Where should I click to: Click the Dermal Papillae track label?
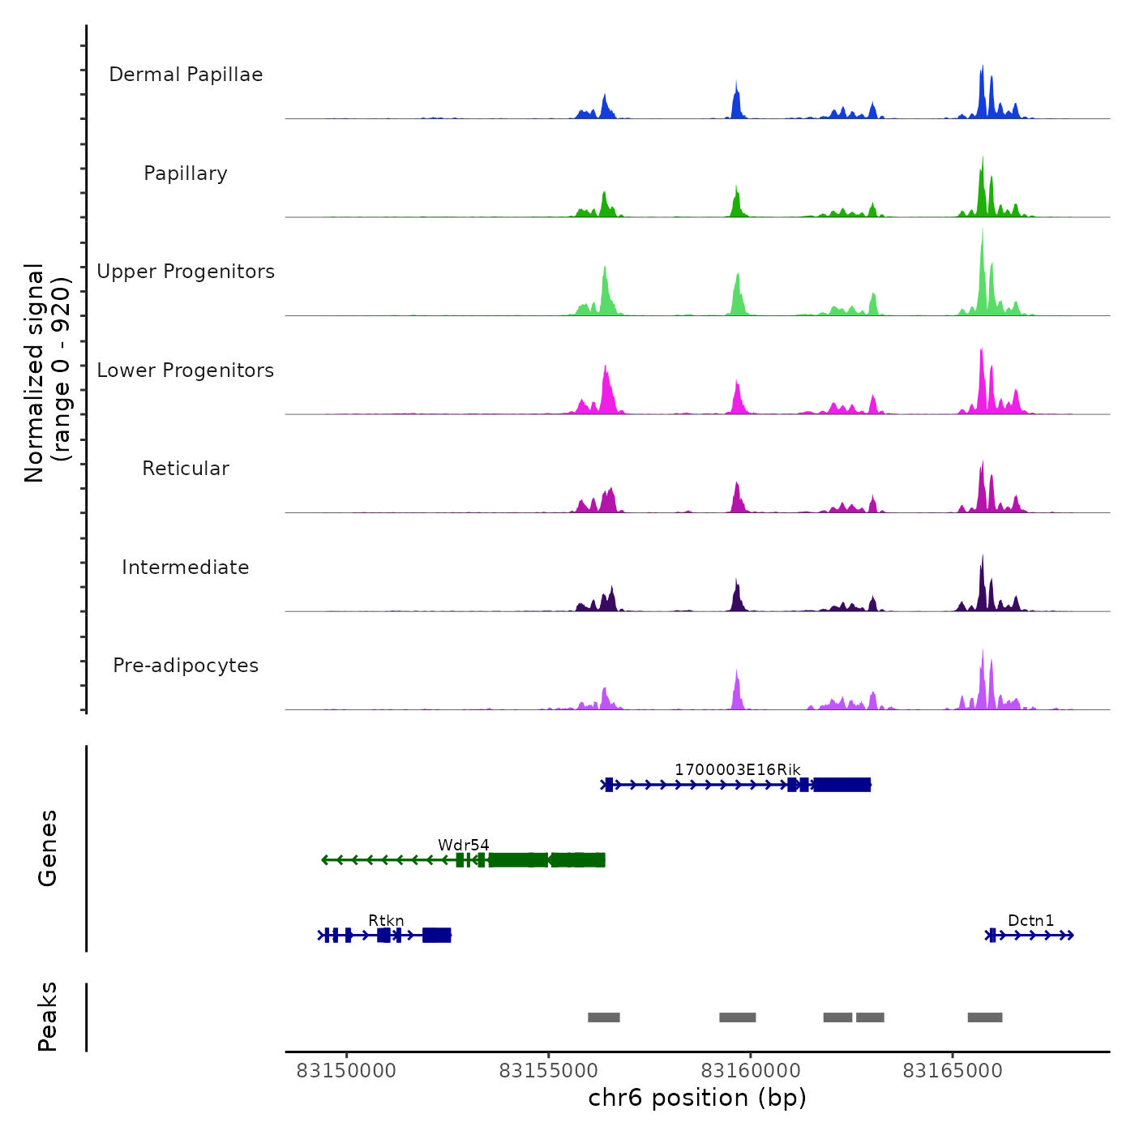point(186,75)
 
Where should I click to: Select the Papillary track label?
point(186,173)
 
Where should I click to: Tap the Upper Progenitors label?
point(186,272)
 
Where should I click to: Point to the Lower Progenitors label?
point(186,370)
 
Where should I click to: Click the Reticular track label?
point(186,469)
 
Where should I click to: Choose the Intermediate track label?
point(186,567)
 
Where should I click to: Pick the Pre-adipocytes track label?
point(186,666)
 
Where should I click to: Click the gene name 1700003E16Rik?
point(737,769)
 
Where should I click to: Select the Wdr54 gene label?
point(464,845)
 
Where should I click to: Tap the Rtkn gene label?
point(386,920)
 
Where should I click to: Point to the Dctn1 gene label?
point(1030,920)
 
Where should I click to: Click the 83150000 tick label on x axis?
point(346,1071)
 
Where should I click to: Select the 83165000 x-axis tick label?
point(953,1071)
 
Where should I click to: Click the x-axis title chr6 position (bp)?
point(697,1098)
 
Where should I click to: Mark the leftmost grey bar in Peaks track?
point(604,1017)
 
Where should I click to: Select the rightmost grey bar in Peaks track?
point(985,1017)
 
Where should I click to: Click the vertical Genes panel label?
point(48,848)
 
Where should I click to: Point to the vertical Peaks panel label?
point(48,1017)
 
